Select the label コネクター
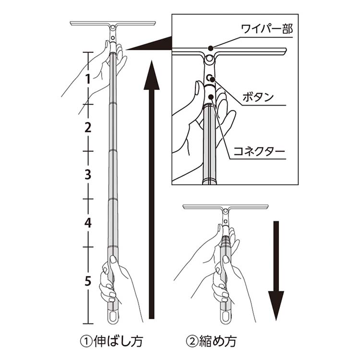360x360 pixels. tap(259, 153)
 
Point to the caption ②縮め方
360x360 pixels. tap(212, 341)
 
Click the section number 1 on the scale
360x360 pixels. tap(87, 80)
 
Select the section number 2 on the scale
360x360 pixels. tap(87, 127)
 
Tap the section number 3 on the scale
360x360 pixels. tap(87, 175)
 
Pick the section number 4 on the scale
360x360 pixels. tap(87, 222)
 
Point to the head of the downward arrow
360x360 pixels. tap(276, 307)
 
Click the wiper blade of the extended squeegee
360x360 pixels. tap(113, 23)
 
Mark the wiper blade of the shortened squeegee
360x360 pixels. tap(225, 207)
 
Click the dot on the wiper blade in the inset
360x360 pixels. tap(211, 48)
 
